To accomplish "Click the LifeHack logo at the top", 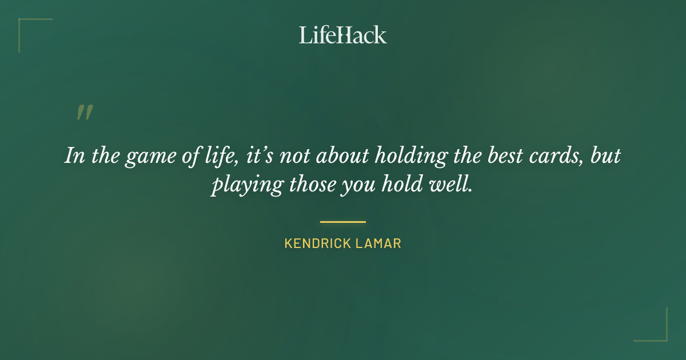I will [x=343, y=35].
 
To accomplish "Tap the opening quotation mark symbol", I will [x=85, y=113].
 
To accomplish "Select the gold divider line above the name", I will [x=343, y=222].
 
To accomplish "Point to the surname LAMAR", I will [x=381, y=243].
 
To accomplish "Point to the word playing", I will [x=240, y=186].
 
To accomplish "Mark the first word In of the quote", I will [x=72, y=157].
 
